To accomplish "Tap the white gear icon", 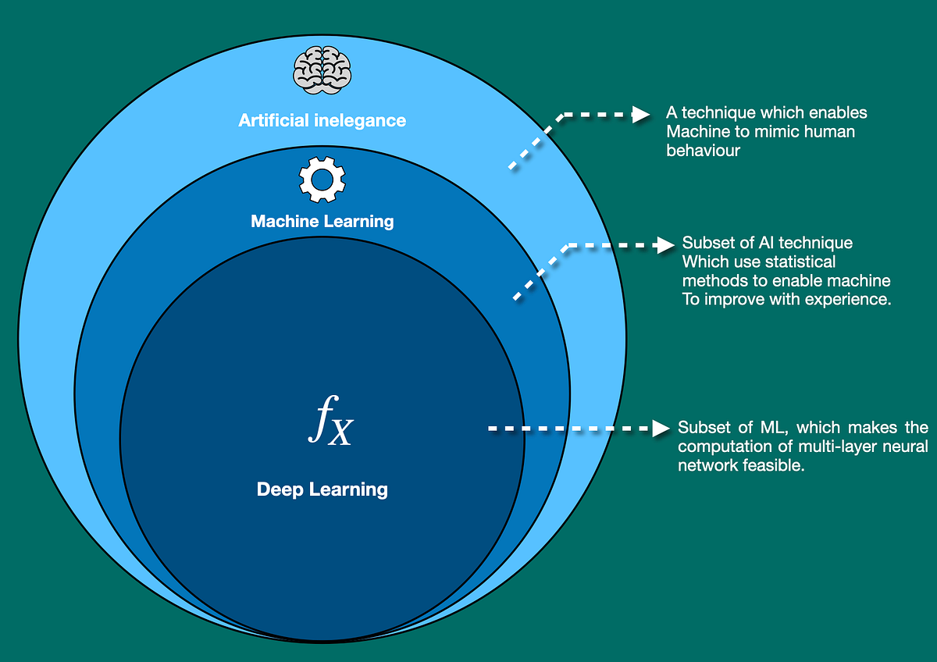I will pos(322,179).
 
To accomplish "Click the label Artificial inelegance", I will pos(322,120).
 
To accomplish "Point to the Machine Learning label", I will pos(322,222).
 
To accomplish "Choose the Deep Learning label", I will pos(322,490).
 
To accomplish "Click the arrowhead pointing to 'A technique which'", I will pos(640,114).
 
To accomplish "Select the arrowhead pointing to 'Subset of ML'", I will pos(661,428).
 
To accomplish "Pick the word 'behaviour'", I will pos(703,150).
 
